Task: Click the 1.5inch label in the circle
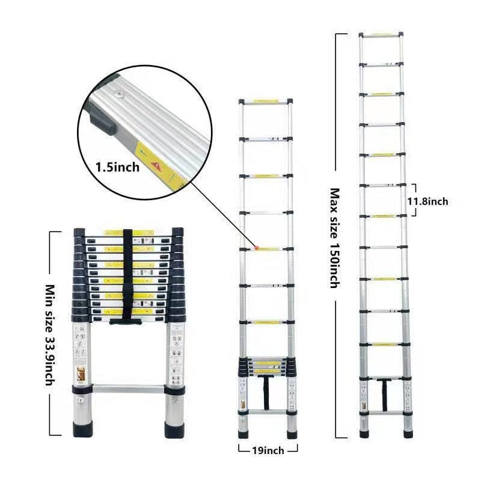pos(117,167)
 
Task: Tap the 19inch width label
pos(268,450)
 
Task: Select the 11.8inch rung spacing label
pos(427,201)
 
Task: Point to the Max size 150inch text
pos(335,238)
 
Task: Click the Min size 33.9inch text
pos(50,335)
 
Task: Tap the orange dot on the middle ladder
pos(257,247)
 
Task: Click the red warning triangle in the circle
pos(156,166)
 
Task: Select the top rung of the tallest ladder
pos(381,35)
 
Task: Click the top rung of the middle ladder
pos(266,101)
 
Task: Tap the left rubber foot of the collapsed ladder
pos(82,429)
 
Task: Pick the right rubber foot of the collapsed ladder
pos(174,429)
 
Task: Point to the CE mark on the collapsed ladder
pos(81,400)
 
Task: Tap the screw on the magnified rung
pos(118,94)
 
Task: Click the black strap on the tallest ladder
pos(384,394)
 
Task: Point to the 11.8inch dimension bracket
pos(415,200)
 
